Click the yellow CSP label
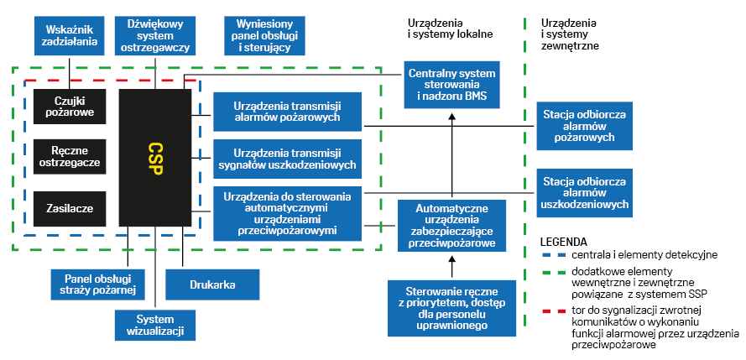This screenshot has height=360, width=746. (155, 157)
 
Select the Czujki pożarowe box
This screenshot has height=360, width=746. (70, 107)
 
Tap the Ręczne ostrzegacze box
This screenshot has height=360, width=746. (70, 156)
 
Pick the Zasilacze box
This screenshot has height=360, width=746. (70, 207)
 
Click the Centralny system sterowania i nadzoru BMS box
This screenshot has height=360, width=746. (451, 85)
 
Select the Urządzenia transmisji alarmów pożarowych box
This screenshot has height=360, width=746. (287, 112)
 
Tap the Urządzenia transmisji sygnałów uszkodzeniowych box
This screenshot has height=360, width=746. (287, 159)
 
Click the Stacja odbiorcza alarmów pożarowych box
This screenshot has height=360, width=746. (585, 125)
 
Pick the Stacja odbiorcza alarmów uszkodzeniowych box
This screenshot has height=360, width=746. (585, 192)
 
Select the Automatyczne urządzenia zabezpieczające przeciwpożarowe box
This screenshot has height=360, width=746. (451, 225)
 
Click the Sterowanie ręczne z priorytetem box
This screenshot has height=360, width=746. (451, 307)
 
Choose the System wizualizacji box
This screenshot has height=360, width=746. (155, 324)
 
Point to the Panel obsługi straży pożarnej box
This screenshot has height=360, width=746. (93, 284)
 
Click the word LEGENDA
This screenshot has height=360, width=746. (563, 241)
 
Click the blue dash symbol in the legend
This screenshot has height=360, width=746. (550, 254)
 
